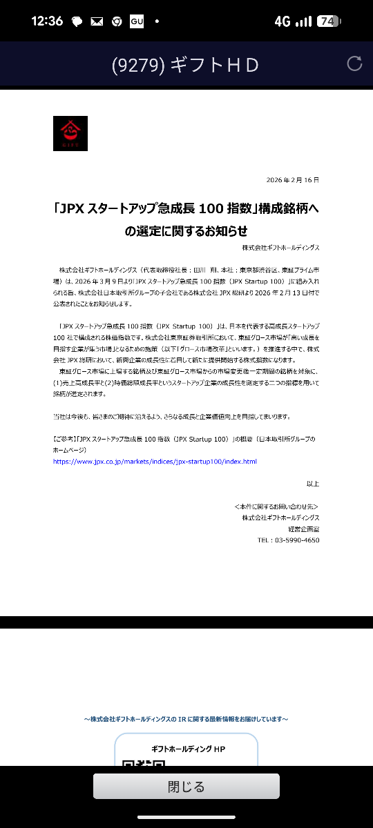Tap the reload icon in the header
(x=354, y=63)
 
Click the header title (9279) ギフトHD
(x=185, y=65)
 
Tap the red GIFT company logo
(x=70, y=133)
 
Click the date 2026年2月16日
(x=293, y=180)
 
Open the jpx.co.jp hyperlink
(x=155, y=462)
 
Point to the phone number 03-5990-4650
(x=288, y=540)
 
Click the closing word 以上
(x=313, y=484)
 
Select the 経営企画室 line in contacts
(x=303, y=529)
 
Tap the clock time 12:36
(x=47, y=21)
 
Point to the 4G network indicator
(x=282, y=21)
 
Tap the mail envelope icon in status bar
(x=97, y=21)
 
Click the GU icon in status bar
(x=137, y=21)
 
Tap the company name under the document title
(x=280, y=247)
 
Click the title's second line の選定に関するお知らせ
(x=186, y=230)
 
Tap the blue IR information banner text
(x=186, y=719)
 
